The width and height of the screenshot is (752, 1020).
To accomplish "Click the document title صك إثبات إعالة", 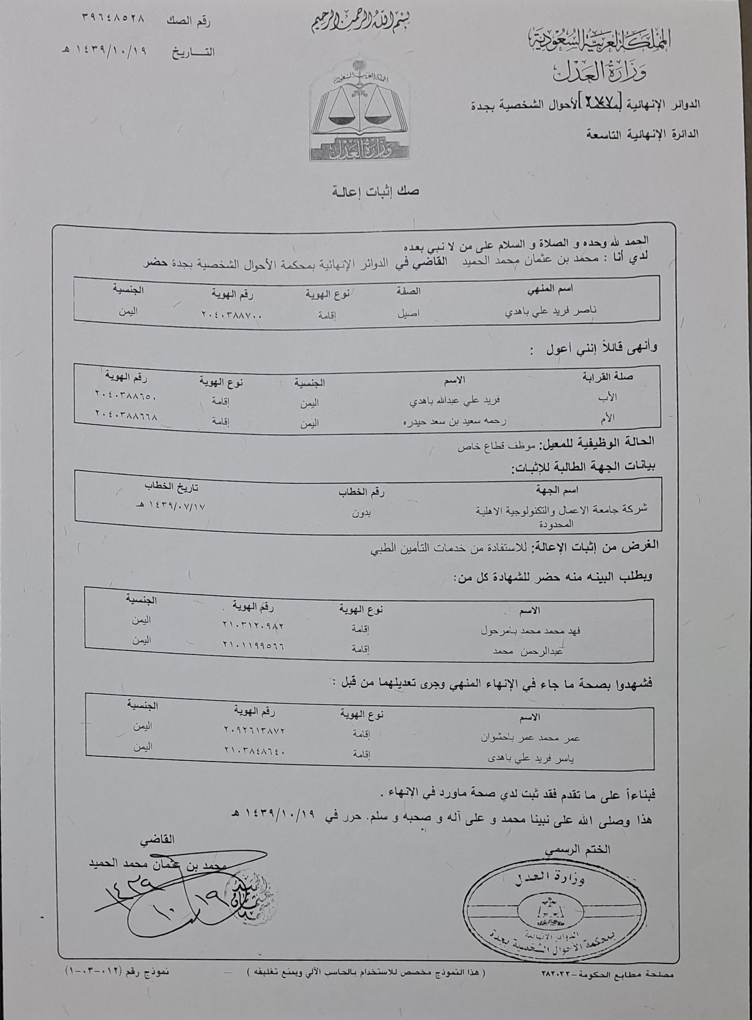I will [x=376, y=192].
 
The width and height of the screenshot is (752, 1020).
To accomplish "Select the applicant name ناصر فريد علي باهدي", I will [x=551, y=311].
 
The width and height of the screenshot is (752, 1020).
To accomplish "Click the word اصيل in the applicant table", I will [x=408, y=313].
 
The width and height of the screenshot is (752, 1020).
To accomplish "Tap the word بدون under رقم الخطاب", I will [x=361, y=513].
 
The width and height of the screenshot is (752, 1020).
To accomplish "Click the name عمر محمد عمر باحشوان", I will [x=530, y=737].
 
